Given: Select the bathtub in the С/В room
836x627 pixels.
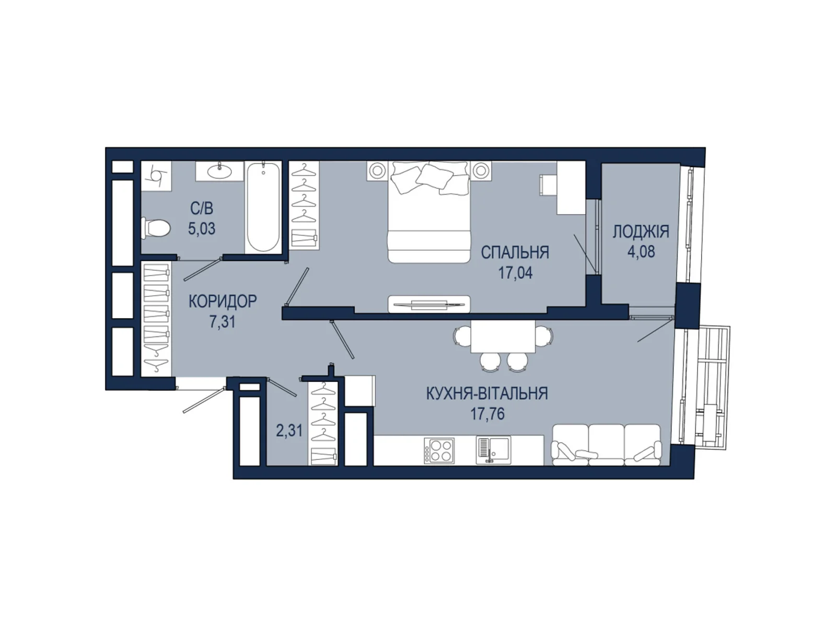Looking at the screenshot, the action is pyautogui.click(x=263, y=207).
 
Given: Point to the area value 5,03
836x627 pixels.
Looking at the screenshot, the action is pyautogui.click(x=202, y=228).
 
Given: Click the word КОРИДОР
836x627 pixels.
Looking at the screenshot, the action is pyautogui.click(x=223, y=301).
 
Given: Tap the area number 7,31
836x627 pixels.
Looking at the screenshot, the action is pyautogui.click(x=223, y=322).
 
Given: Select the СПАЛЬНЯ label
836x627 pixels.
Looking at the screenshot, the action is pyautogui.click(x=515, y=252).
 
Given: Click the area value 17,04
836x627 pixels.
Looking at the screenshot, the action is pyautogui.click(x=515, y=273).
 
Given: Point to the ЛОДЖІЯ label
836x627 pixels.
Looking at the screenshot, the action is pyautogui.click(x=641, y=231).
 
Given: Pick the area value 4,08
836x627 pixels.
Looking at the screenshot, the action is pyautogui.click(x=641, y=252).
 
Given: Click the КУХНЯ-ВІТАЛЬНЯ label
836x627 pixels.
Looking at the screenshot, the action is pyautogui.click(x=487, y=393).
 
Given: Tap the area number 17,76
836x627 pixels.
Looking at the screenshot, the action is pyautogui.click(x=487, y=414).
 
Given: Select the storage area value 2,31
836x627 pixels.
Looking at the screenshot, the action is pyautogui.click(x=289, y=431).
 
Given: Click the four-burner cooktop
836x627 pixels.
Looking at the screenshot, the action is pyautogui.click(x=439, y=451).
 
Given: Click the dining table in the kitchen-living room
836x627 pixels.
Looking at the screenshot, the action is pyautogui.click(x=503, y=336).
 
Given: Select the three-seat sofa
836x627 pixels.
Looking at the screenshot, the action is pyautogui.click(x=607, y=445).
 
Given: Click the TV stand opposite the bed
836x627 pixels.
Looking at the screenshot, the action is pyautogui.click(x=429, y=304).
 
